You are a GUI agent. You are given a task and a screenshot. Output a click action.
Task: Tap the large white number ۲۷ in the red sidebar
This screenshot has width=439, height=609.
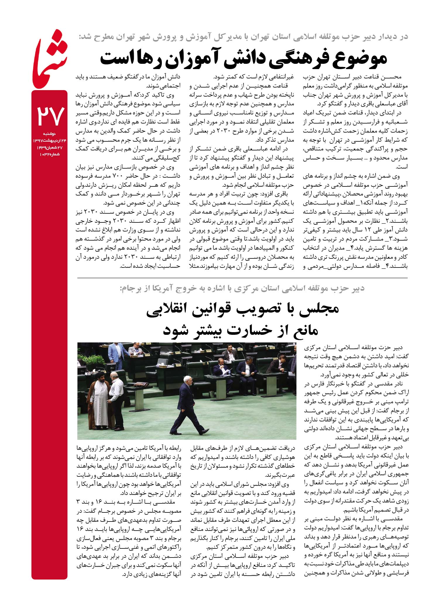(49, 116)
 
